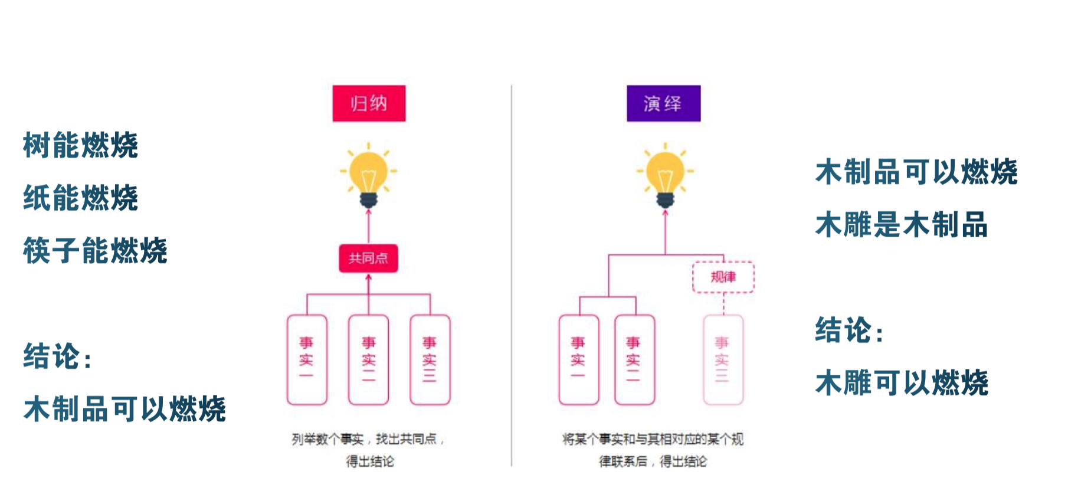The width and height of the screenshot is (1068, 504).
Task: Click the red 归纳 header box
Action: tap(369, 103)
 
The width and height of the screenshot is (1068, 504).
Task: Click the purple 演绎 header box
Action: tap(663, 103)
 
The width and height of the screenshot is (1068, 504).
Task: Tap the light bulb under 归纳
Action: tap(369, 175)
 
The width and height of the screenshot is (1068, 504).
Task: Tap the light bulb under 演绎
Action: tap(665, 175)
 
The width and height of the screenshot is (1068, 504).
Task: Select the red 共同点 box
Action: tap(368, 258)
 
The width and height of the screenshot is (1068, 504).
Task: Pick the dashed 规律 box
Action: tap(723, 277)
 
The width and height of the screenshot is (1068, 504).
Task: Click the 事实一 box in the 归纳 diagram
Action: tap(307, 359)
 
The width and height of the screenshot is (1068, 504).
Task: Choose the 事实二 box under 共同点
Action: tap(368, 359)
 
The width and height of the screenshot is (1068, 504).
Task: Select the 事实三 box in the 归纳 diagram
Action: tap(430, 359)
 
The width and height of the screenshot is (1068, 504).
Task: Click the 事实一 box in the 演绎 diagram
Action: tap(578, 359)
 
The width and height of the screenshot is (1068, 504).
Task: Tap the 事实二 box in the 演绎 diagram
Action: tap(634, 359)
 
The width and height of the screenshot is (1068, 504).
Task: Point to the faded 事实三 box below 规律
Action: tap(723, 359)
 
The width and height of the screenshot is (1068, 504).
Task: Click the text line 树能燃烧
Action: tap(80, 145)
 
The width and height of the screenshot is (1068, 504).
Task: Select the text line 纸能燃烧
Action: tap(80, 198)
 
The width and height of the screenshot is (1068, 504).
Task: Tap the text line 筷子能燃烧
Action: tap(95, 250)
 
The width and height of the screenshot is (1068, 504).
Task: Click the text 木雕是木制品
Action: tap(901, 225)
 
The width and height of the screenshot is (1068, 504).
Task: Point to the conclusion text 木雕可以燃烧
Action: tap(901, 383)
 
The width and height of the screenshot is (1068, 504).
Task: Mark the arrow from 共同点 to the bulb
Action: tap(369, 227)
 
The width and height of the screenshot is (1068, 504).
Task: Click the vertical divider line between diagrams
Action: tap(512, 277)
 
